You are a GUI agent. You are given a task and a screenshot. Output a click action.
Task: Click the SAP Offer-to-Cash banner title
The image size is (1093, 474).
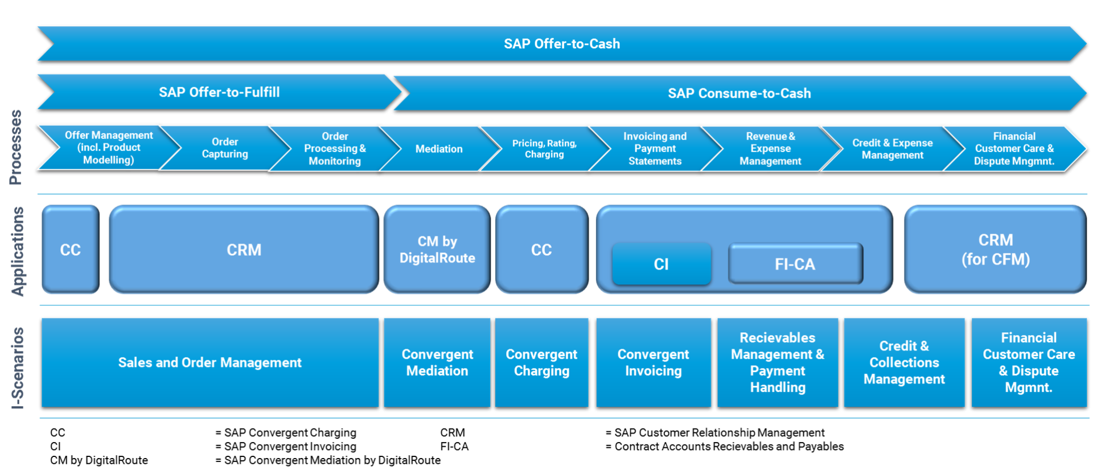pyautogui.click(x=561, y=44)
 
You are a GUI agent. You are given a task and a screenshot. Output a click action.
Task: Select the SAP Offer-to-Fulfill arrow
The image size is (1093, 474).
pyautogui.click(x=219, y=92)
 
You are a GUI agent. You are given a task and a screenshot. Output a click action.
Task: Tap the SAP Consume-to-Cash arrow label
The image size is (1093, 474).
pyautogui.click(x=739, y=93)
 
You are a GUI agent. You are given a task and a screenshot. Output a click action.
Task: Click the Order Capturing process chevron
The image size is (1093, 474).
pyautogui.click(x=225, y=148)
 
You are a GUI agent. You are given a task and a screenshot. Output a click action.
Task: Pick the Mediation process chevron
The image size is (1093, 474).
pyautogui.click(x=438, y=149)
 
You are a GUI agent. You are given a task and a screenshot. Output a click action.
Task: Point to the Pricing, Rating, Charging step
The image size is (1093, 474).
pyautogui.click(x=544, y=149)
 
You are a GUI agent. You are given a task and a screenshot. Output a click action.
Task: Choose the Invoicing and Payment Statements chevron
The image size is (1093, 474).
pyautogui.click(x=655, y=149)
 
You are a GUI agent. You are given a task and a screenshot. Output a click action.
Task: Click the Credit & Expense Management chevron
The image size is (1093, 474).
pyautogui.click(x=892, y=149)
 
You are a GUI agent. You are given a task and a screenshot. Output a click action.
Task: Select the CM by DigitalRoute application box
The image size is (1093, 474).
pyautogui.click(x=437, y=250)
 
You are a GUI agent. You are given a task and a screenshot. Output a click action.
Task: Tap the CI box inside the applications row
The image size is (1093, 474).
pyautogui.click(x=661, y=264)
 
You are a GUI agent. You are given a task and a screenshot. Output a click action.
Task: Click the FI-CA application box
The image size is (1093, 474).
pyautogui.click(x=795, y=264)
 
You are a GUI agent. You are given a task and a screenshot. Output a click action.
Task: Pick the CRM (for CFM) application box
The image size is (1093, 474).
pyautogui.click(x=995, y=250)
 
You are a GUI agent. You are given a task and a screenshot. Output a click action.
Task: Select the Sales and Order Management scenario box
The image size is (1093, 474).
pyautogui.click(x=209, y=363)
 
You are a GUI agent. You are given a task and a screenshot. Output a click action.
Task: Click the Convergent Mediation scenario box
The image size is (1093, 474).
pyautogui.click(x=437, y=363)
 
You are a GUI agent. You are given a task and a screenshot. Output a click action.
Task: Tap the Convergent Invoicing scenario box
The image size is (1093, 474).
pyautogui.click(x=653, y=363)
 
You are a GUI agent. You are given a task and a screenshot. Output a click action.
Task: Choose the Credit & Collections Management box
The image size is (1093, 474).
pyautogui.click(x=904, y=363)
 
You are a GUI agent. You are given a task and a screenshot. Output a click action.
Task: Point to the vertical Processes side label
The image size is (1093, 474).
pyautogui.click(x=16, y=148)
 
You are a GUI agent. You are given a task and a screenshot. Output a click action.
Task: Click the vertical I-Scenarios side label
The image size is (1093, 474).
pyautogui.click(x=18, y=368)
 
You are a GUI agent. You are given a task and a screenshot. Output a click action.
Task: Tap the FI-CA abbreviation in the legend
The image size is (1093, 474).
pyautogui.click(x=454, y=447)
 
